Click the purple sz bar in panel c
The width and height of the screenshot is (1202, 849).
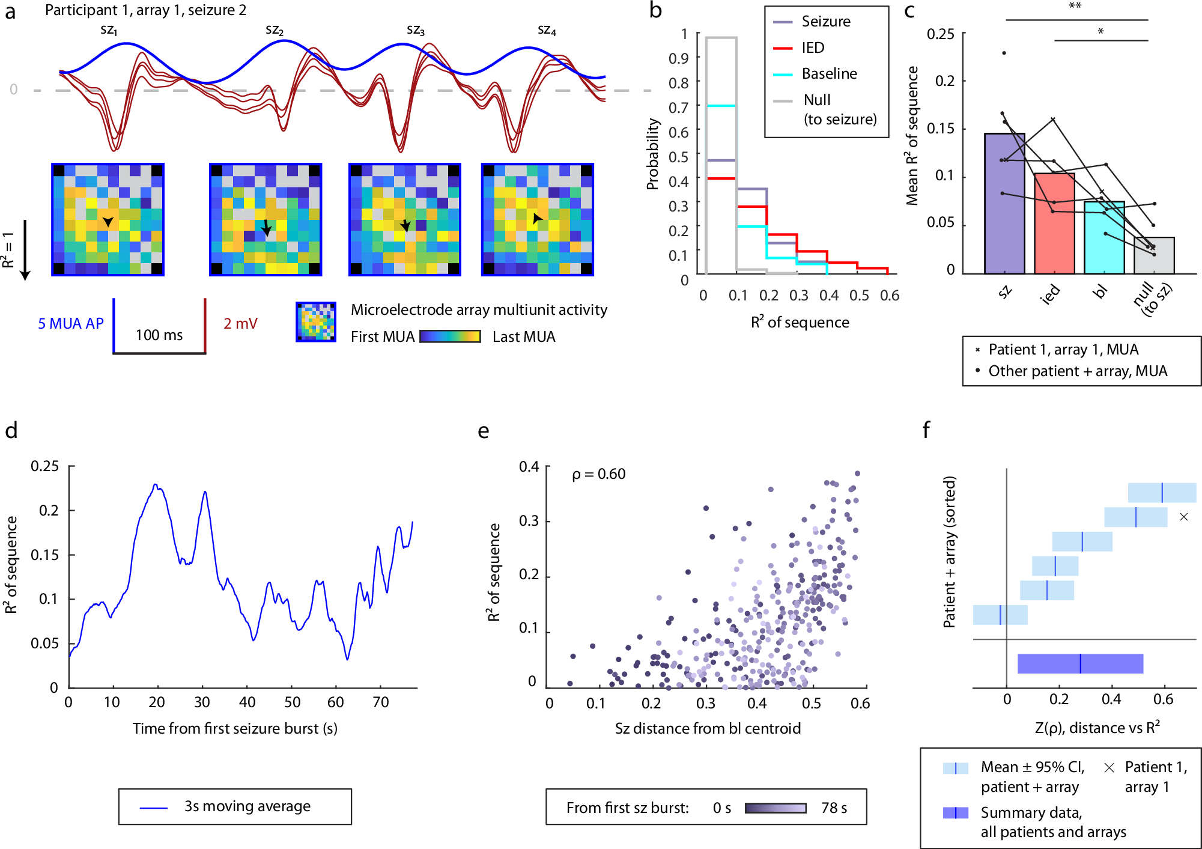1004,204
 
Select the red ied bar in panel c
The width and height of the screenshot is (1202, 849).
1054,224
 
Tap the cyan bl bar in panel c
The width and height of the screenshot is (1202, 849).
1104,238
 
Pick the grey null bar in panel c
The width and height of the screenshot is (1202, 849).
1154,256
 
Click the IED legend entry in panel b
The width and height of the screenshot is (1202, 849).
813,47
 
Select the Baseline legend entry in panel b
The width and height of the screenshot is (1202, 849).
829,74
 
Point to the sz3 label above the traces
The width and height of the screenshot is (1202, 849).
415,30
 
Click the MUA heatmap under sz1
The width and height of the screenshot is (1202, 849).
108,219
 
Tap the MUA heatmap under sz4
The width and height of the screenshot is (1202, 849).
538,219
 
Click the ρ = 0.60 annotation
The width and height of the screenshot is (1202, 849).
598,474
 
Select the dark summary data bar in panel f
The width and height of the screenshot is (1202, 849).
1080,663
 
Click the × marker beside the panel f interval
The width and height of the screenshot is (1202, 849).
1183,517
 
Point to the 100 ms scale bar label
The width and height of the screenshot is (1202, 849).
159,335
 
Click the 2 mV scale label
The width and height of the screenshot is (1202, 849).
240,324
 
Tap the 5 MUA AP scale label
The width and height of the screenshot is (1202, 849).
70,324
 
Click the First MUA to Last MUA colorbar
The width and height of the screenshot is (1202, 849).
450,336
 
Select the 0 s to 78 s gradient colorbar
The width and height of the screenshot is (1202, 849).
776,808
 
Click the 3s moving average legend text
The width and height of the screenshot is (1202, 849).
247,806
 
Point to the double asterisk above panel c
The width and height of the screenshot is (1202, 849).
1075,7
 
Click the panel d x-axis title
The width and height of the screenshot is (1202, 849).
235,728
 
